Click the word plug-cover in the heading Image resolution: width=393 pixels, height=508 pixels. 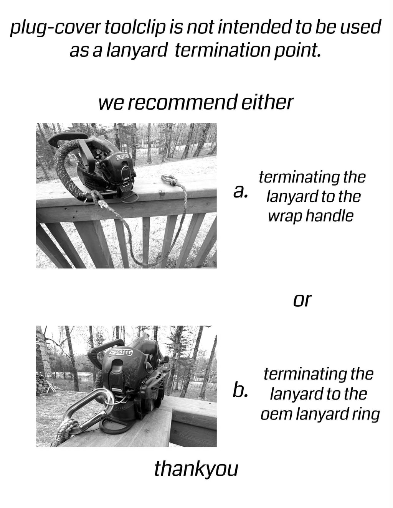[55, 28]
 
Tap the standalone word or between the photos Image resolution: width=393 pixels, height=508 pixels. [302, 300]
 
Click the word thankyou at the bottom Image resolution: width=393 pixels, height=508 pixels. [196, 469]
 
